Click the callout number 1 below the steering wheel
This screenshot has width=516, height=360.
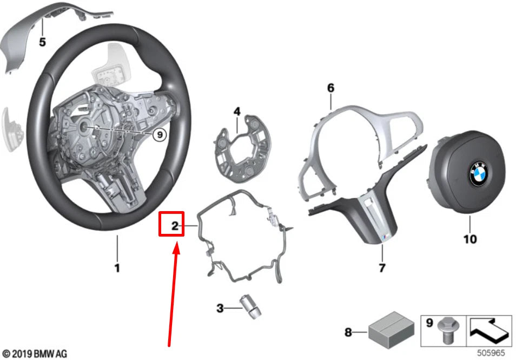click(x=117, y=267)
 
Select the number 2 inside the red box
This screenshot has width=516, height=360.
click(x=174, y=226)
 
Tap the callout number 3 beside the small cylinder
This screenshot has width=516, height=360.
click(x=220, y=309)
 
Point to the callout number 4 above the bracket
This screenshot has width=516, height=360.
click(x=236, y=112)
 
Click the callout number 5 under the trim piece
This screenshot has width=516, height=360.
click(x=42, y=42)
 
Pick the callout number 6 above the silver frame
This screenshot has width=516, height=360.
click(x=330, y=88)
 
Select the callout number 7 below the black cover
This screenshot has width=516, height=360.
click(x=381, y=267)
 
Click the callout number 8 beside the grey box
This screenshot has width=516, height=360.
click(x=348, y=331)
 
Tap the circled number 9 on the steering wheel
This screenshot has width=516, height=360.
click(x=158, y=134)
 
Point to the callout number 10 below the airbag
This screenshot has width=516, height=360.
click(x=470, y=238)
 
